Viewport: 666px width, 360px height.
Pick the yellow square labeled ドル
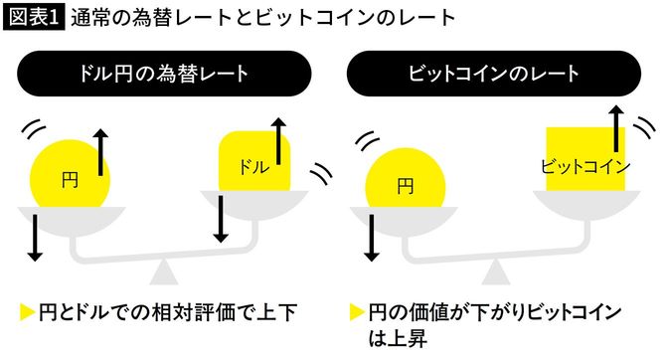click(254, 161)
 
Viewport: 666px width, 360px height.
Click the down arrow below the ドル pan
click(222, 225)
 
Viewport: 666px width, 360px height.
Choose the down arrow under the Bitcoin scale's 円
click(373, 237)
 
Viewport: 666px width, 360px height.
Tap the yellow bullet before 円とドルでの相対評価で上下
click(27, 313)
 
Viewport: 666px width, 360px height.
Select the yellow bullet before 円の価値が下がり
click(357, 313)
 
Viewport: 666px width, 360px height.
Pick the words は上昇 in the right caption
click(398, 339)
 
